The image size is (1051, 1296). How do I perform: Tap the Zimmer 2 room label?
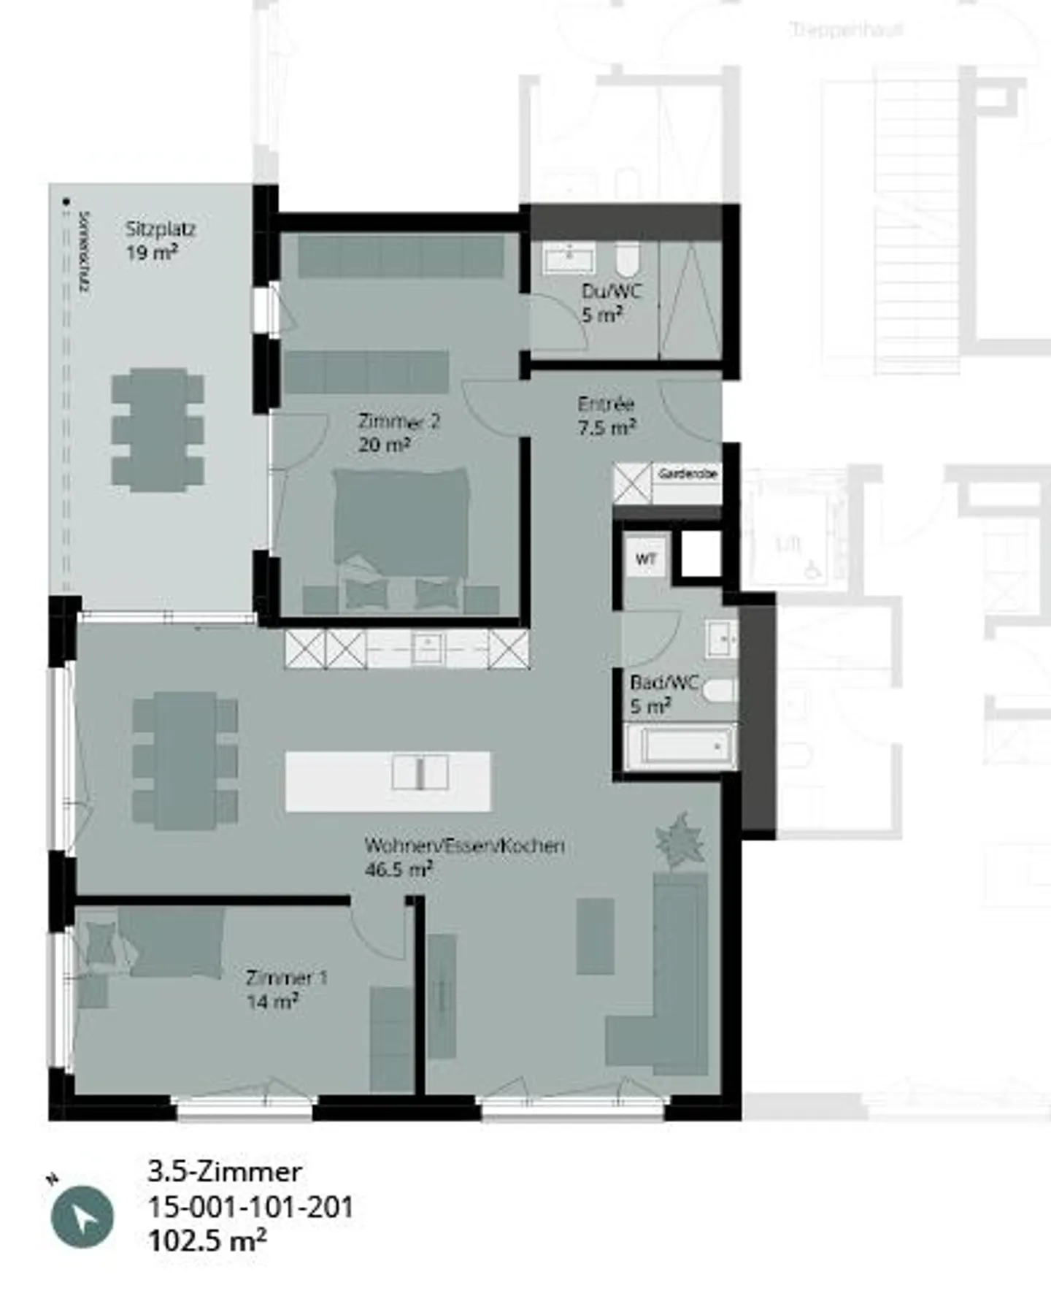398,432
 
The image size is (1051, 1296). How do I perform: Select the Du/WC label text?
611,302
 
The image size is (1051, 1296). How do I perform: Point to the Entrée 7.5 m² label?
606,415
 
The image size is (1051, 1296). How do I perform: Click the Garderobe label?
688,474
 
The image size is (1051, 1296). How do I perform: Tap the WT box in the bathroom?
646,559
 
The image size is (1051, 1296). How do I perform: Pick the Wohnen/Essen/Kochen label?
464,856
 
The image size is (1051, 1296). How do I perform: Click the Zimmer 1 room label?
286,989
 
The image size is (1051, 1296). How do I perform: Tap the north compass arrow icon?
82,1217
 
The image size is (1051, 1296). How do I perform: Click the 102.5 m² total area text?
207,1241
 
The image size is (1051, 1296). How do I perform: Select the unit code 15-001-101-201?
251,1207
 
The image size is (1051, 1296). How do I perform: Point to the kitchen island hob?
420,772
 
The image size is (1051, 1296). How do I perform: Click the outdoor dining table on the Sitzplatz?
158,429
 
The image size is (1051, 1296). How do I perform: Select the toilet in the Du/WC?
627,258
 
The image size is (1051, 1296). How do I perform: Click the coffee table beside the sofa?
595,936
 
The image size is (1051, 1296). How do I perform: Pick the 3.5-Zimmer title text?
225,1172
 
